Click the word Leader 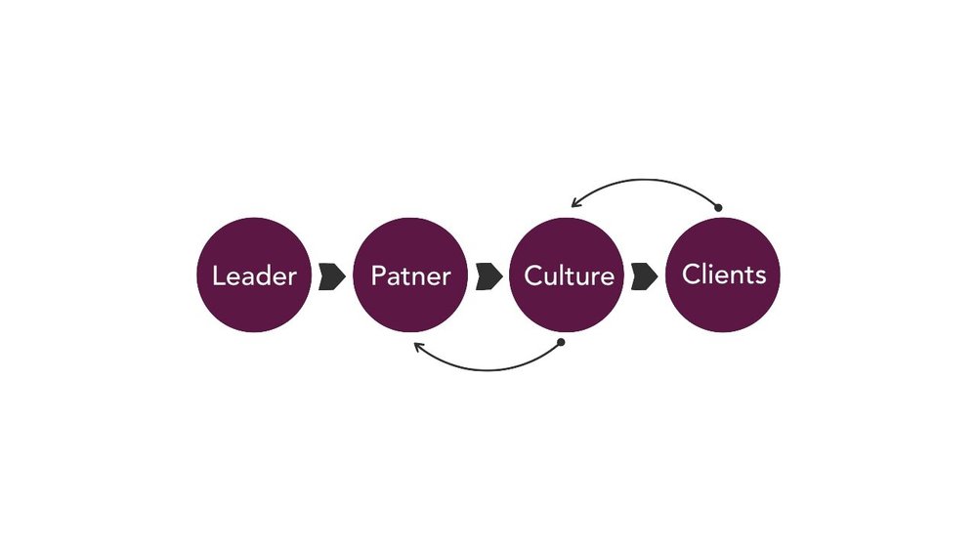pyautogui.click(x=254, y=275)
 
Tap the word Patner pyautogui.click(x=410, y=275)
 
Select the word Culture pyautogui.click(x=570, y=275)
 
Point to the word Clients pyautogui.click(x=724, y=274)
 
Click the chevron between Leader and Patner pyautogui.click(x=332, y=275)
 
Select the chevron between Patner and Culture pyautogui.click(x=489, y=275)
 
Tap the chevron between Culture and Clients pyautogui.click(x=645, y=275)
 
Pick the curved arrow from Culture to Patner pyautogui.click(x=488, y=369)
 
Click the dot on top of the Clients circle pyautogui.click(x=718, y=207)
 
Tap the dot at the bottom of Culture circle pyautogui.click(x=561, y=343)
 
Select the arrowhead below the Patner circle pyautogui.click(x=418, y=346)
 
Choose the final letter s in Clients pyautogui.click(x=760, y=275)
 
